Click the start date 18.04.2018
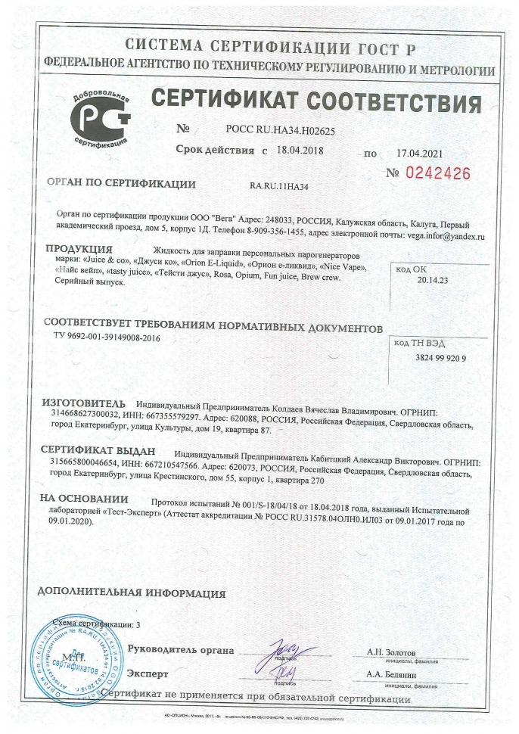coord(300,149)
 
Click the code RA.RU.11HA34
coord(284,184)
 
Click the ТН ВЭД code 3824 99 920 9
coord(441,356)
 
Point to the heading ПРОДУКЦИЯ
coord(79,250)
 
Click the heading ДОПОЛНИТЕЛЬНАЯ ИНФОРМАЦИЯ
coord(130,593)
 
